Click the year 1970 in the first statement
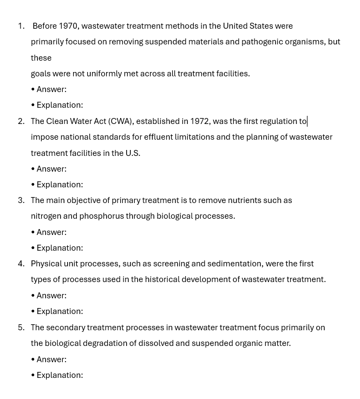[68, 26]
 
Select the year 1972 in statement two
[199, 121]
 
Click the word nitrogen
[45, 216]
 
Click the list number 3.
[21, 200]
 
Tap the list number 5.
[21, 328]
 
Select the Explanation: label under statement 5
[60, 375]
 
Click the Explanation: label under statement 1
[60, 105]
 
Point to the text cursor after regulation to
[307, 121]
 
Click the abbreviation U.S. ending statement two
[133, 153]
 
